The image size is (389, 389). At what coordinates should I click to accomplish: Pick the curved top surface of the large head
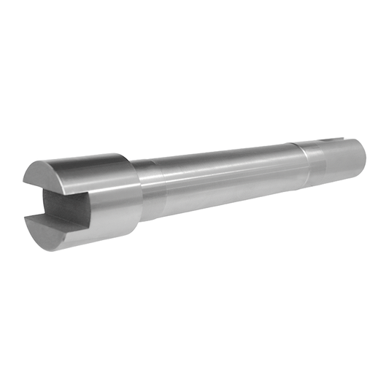(x=88, y=165)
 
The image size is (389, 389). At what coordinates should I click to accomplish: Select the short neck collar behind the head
(x=146, y=190)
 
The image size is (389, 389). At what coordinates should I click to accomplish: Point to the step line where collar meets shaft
(x=155, y=188)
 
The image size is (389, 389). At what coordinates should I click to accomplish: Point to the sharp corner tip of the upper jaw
(x=23, y=182)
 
